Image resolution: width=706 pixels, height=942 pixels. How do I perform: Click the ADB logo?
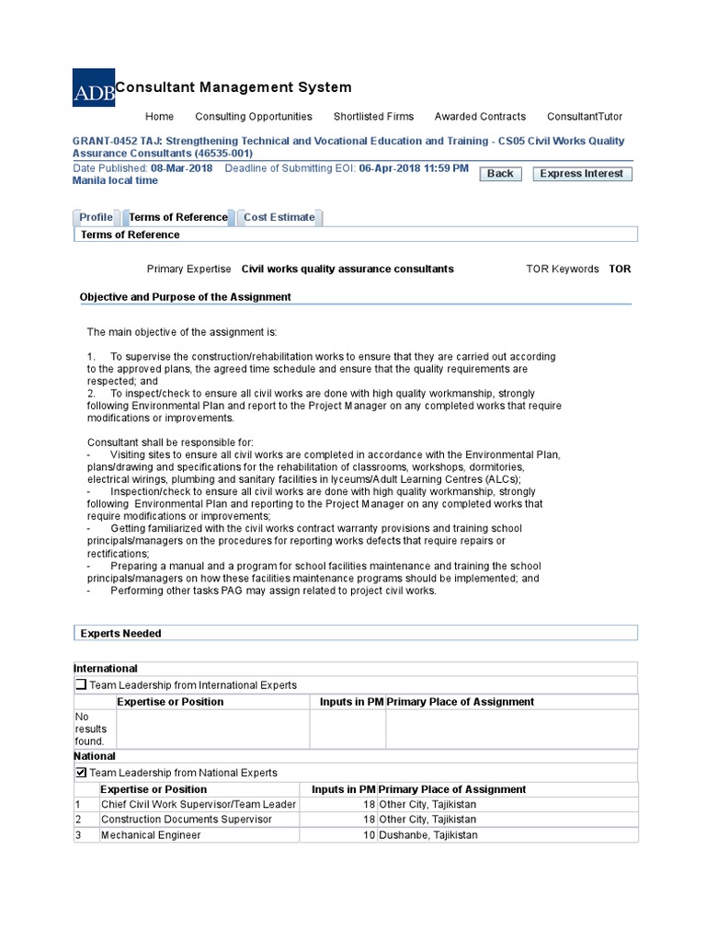point(94,87)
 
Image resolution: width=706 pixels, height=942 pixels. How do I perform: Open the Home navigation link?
point(159,117)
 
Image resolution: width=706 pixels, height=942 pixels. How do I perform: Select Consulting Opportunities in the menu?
point(254,117)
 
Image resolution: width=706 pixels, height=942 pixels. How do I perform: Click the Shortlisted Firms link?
point(373,117)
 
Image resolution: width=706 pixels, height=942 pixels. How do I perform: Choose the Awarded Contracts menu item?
point(480,117)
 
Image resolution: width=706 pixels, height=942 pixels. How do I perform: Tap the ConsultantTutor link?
point(584,117)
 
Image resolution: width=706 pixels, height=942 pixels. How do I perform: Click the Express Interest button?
point(582,173)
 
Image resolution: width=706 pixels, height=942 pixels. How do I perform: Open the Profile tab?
point(96,217)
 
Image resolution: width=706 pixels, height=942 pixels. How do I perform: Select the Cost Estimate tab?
point(279,217)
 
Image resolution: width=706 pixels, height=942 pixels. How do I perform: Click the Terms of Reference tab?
point(177,217)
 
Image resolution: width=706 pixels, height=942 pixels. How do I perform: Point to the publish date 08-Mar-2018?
point(182,168)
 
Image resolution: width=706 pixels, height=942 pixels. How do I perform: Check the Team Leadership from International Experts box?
point(81,685)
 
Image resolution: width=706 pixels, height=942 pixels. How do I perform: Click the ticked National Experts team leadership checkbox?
point(81,773)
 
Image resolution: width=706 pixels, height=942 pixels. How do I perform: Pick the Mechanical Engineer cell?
point(151,835)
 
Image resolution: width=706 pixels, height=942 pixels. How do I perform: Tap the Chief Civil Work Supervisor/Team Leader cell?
point(199,804)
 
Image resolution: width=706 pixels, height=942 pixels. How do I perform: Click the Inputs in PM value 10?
point(370,835)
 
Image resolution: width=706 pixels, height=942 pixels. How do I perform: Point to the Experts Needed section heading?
point(120,633)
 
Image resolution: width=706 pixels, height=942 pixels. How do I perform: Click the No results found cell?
point(90,729)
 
